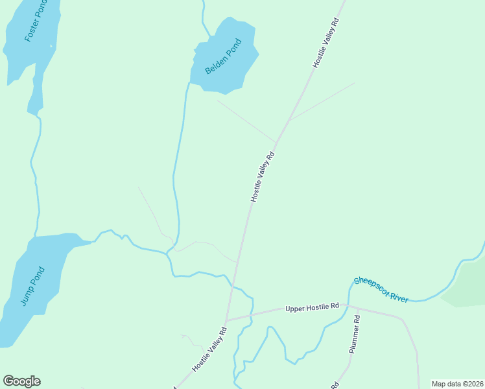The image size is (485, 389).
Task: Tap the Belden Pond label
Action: pyautogui.click(x=223, y=56)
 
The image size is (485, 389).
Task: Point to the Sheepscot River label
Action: pyautogui.click(x=381, y=290)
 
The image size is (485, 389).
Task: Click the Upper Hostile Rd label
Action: pyautogui.click(x=312, y=307)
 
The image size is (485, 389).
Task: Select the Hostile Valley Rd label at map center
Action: pyautogui.click(x=263, y=177)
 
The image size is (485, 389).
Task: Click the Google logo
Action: pyautogui.click(x=21, y=381)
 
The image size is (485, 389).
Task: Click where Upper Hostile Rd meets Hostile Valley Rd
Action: pyautogui.click(x=226, y=320)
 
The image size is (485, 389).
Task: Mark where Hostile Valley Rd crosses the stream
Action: pyautogui.click(x=232, y=285)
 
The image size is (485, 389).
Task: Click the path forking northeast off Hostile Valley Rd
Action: pyautogui.click(x=321, y=102)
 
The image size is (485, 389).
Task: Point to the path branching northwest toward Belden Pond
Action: pyautogui.click(x=246, y=121)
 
